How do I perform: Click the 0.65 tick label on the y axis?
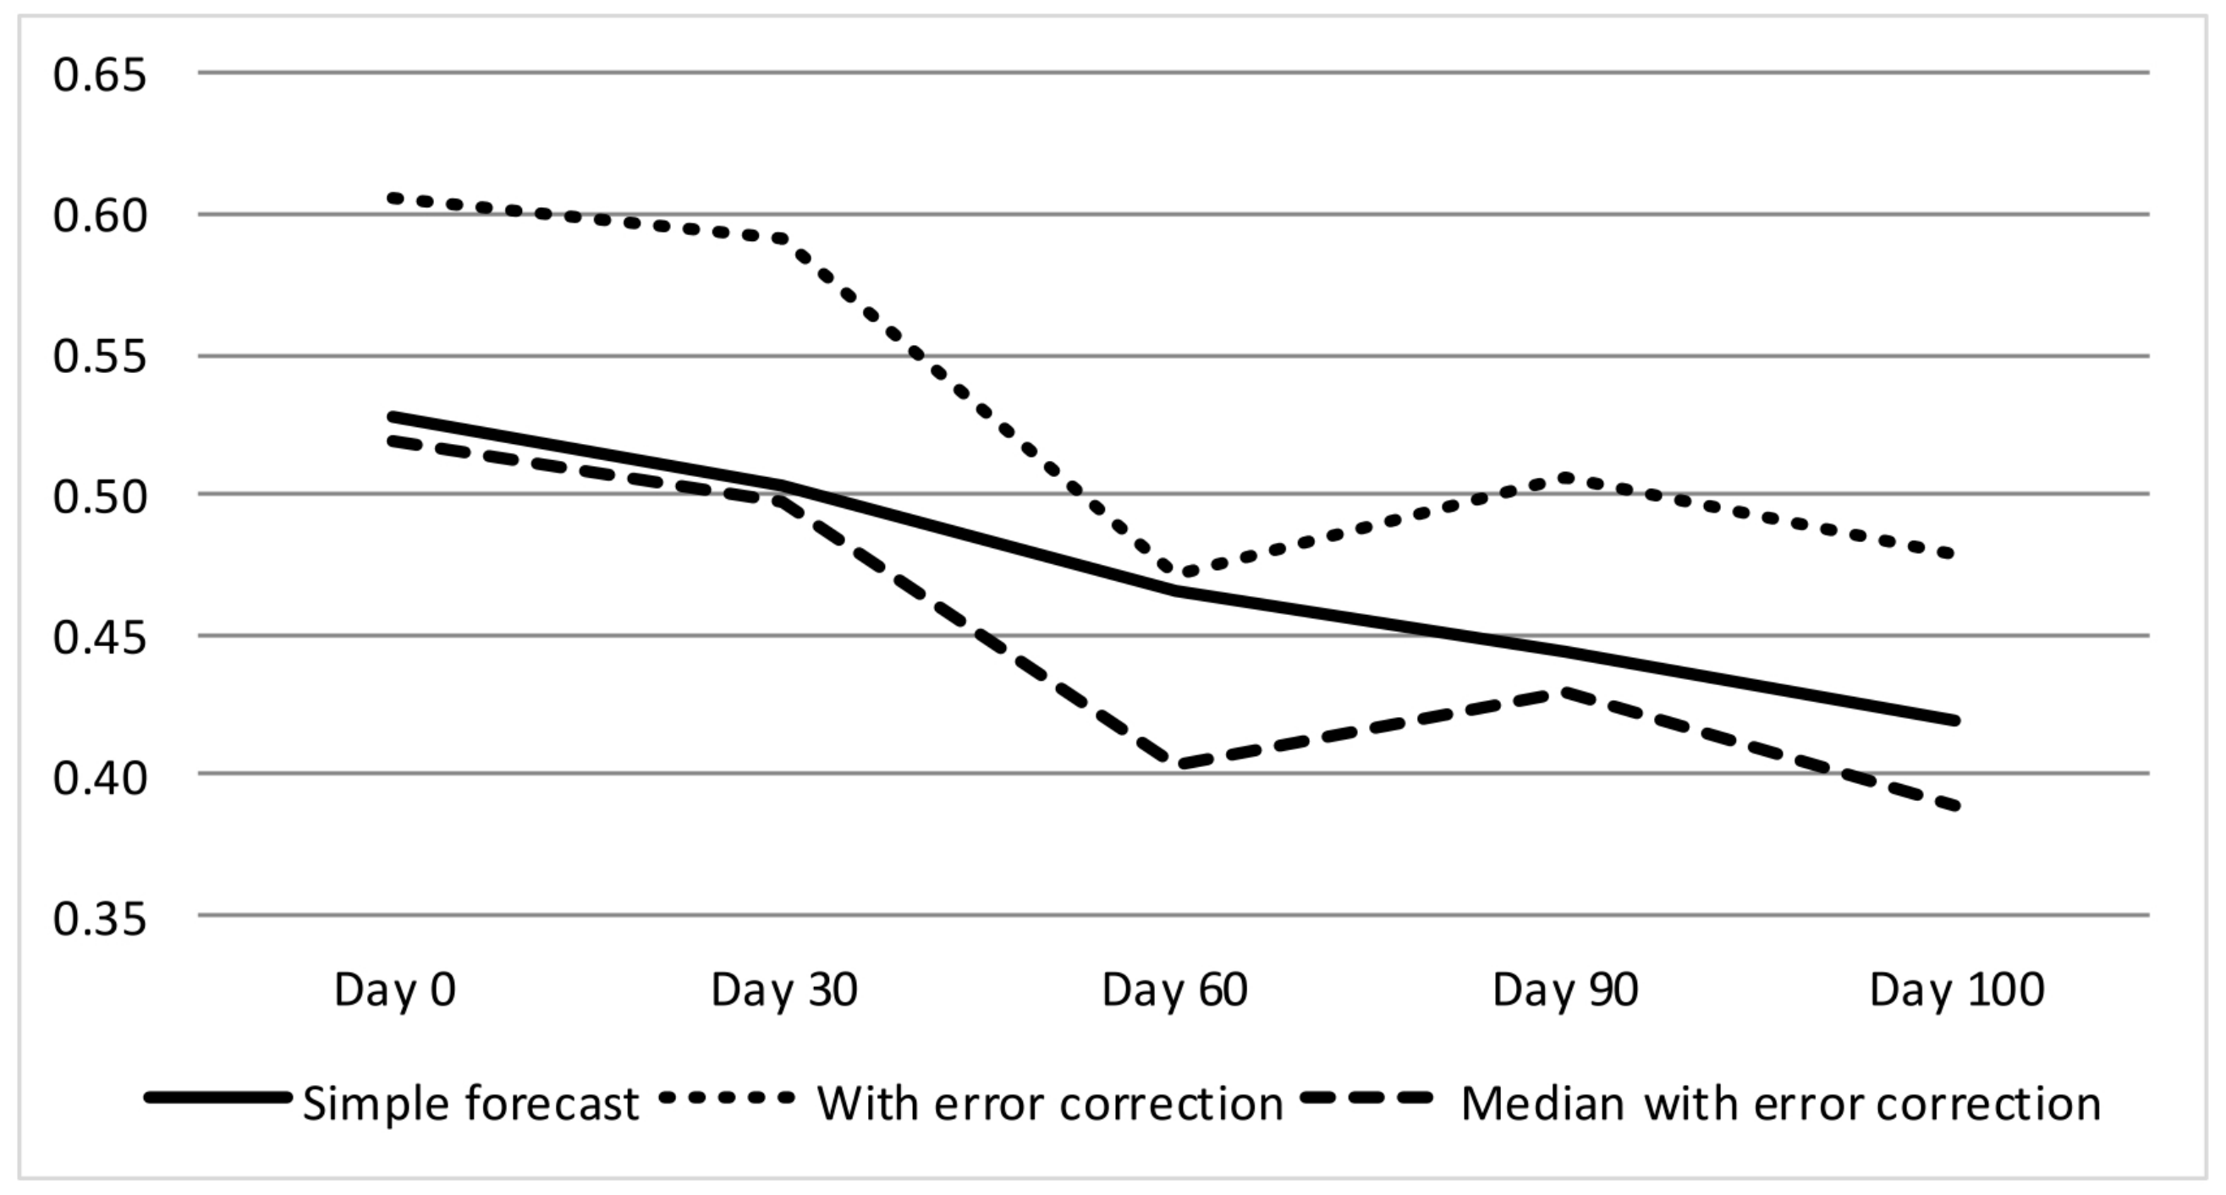99,75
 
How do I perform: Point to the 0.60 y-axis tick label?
99,216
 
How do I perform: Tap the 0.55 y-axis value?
99,357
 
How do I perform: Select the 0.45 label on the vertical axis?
99,638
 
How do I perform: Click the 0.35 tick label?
99,919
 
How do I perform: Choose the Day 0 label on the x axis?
395,990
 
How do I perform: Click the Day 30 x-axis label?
783,990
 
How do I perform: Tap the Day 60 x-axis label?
1174,990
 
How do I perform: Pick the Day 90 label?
1565,990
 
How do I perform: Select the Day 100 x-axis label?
1956,990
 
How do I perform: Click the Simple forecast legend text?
470,1104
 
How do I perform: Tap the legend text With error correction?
1050,1104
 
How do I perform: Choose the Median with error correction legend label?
1781,1104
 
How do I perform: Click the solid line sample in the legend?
217,1098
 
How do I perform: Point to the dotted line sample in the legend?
726,1098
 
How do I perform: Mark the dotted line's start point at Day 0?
395,198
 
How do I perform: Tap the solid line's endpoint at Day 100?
1955,721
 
